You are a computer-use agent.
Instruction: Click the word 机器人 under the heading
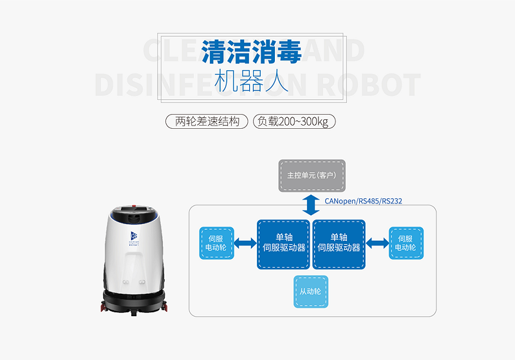point(252,82)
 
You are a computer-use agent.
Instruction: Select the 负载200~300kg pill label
point(293,120)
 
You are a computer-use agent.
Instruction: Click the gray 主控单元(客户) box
point(312,175)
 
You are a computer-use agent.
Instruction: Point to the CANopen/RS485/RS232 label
point(364,201)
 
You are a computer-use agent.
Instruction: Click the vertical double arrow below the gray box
point(312,205)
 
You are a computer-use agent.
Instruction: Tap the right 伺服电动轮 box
point(406,243)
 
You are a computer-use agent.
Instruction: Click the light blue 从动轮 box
point(311,292)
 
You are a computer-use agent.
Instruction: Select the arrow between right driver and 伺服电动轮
point(377,243)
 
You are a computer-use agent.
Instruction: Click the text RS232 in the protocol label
point(392,201)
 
